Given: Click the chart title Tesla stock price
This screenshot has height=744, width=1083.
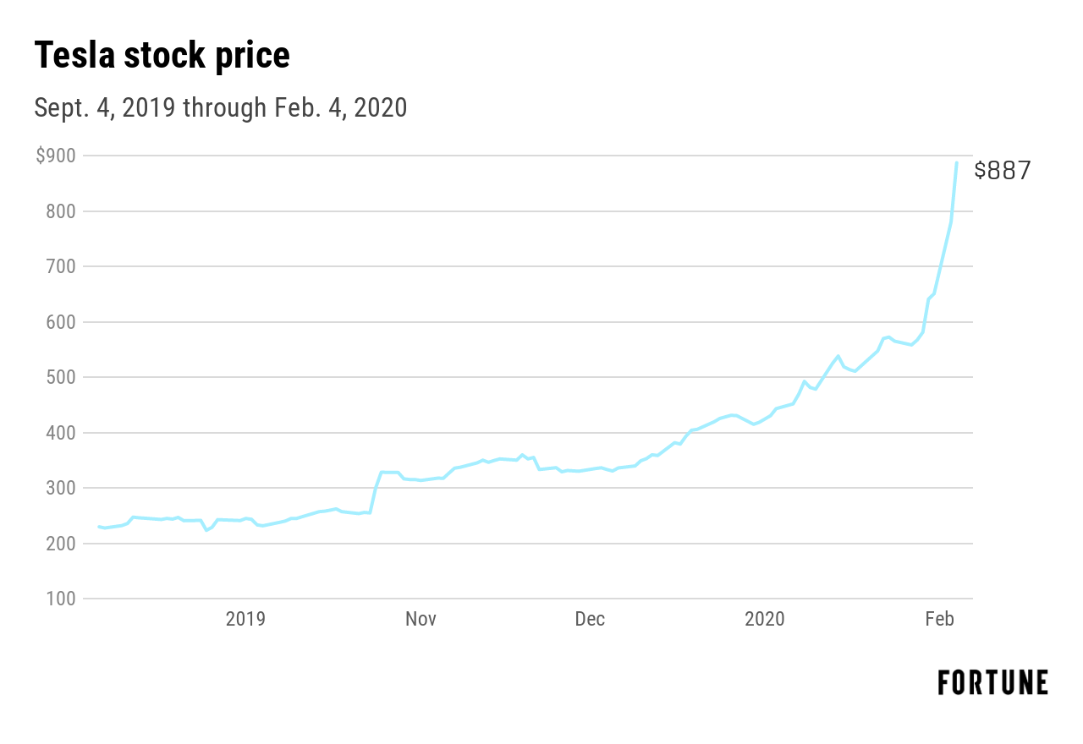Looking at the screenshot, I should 162,56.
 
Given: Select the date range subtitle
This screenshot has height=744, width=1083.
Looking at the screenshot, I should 220,108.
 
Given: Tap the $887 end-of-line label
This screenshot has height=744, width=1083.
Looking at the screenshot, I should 1003,170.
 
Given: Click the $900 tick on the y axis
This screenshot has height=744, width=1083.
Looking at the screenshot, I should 55,156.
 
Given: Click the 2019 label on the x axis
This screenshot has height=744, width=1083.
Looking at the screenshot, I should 245,619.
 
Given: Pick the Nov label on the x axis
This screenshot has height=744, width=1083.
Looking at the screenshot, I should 421,619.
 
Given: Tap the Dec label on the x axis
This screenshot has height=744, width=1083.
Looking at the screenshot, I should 590,619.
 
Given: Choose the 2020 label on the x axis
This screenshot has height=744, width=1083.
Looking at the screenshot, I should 765,619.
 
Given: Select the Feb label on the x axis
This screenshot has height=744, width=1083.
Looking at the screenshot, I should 940,619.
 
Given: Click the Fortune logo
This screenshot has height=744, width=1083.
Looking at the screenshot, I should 992,682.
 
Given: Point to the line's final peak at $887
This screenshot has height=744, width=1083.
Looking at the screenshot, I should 957,163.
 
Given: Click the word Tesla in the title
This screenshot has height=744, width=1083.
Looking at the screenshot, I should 74,56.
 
